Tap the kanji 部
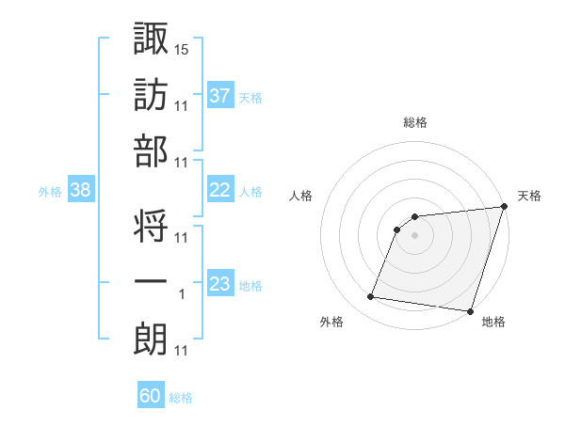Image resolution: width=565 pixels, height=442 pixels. [151, 151]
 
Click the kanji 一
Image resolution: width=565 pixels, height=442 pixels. [151, 283]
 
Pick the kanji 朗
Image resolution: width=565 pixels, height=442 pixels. [151, 339]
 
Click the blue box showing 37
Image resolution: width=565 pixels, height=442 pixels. [220, 95]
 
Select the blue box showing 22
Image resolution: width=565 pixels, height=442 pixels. [220, 190]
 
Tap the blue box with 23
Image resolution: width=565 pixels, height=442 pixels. [220, 284]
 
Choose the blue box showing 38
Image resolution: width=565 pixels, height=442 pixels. [81, 190]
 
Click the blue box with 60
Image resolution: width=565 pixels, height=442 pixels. [151, 396]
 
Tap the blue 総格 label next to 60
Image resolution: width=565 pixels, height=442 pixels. [181, 398]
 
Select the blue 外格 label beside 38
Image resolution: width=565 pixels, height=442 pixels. [50, 191]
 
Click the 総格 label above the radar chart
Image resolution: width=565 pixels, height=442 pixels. [415, 122]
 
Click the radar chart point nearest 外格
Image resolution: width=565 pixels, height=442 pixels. [371, 297]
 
